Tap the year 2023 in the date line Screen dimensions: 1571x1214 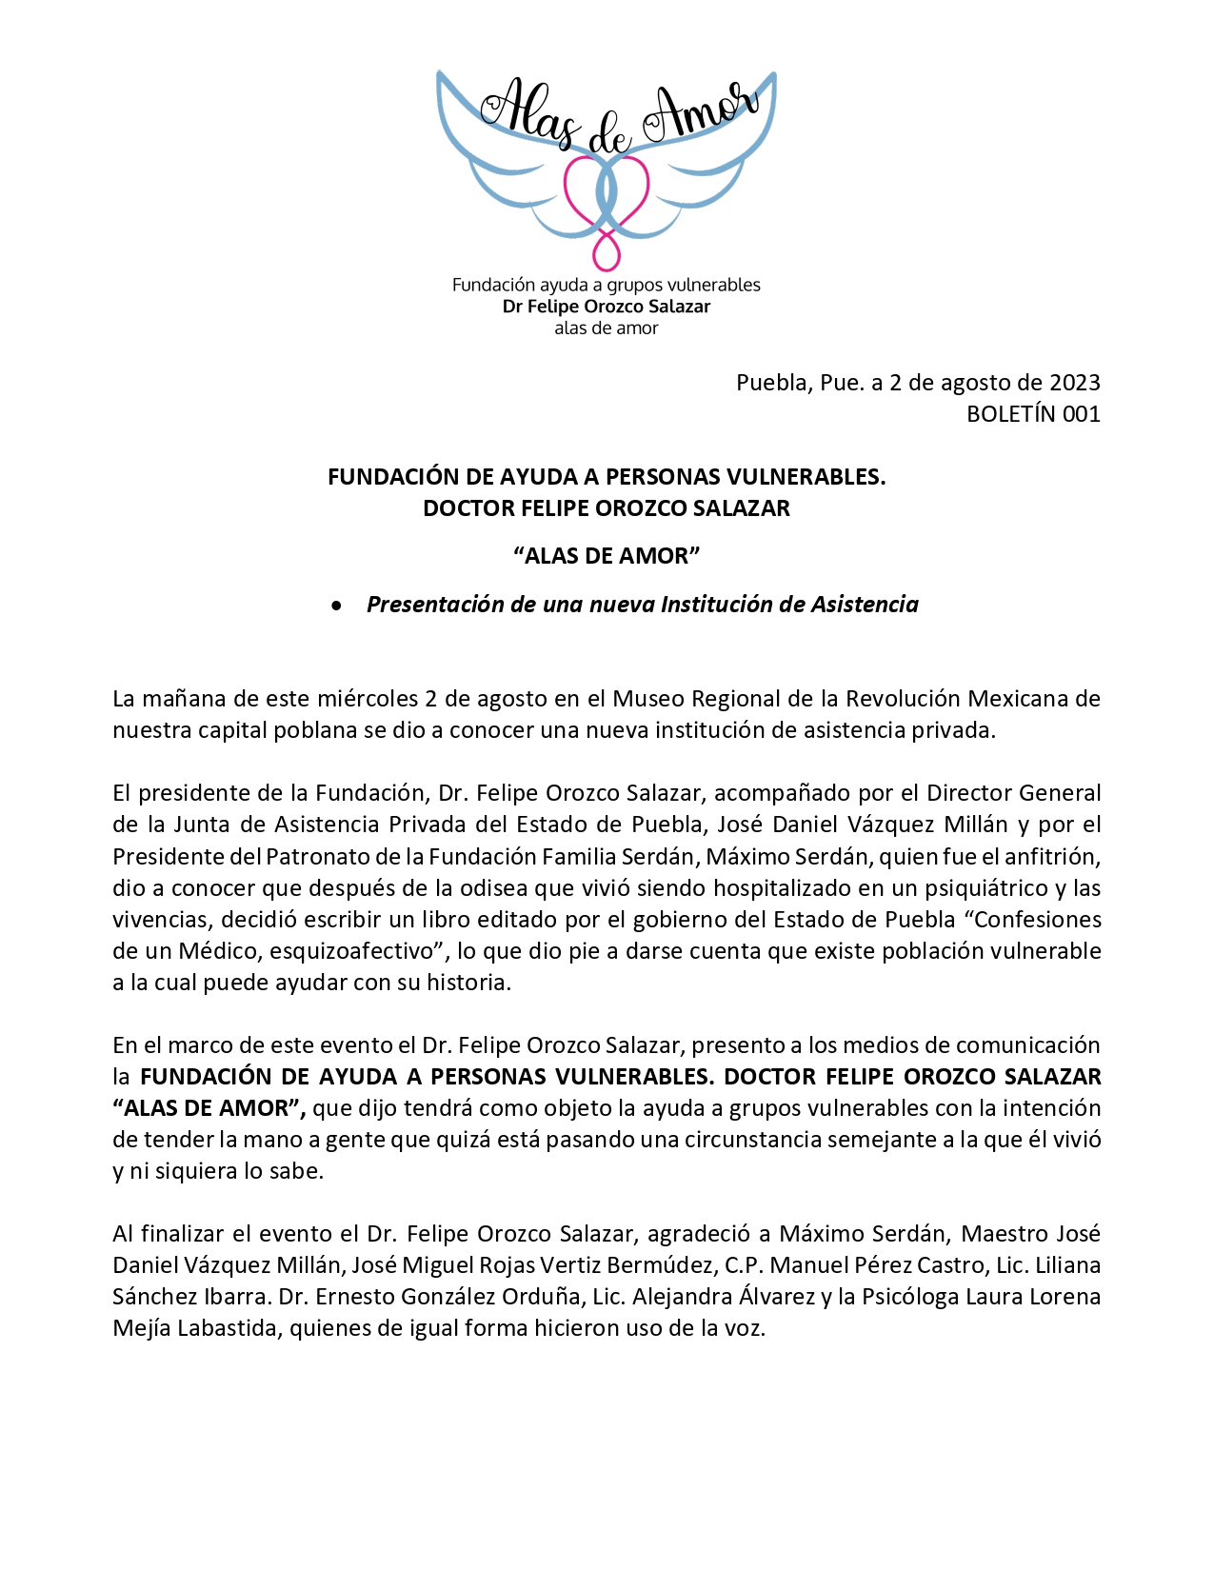pos(1074,383)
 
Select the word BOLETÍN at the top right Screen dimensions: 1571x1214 pos(1010,414)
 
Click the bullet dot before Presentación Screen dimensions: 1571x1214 pos(336,606)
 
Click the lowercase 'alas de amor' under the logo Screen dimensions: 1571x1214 pos(607,328)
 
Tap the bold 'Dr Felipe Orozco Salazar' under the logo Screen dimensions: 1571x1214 pos(607,307)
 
